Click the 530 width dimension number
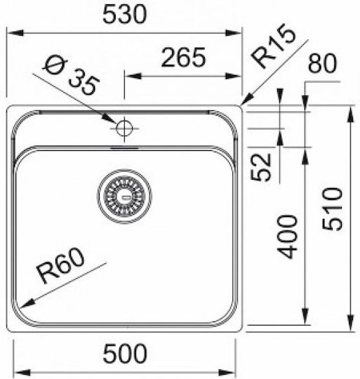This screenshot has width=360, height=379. (124, 15)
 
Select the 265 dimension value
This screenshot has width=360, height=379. (183, 58)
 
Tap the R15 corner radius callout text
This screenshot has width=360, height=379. (273, 46)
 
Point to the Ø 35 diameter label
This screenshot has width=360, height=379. (72, 77)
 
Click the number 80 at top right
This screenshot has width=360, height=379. (322, 63)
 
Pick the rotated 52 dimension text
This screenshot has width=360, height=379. (260, 167)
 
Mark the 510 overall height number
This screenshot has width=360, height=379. (332, 209)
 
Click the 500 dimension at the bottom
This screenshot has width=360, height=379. (125, 354)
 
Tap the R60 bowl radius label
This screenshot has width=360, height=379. (60, 265)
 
